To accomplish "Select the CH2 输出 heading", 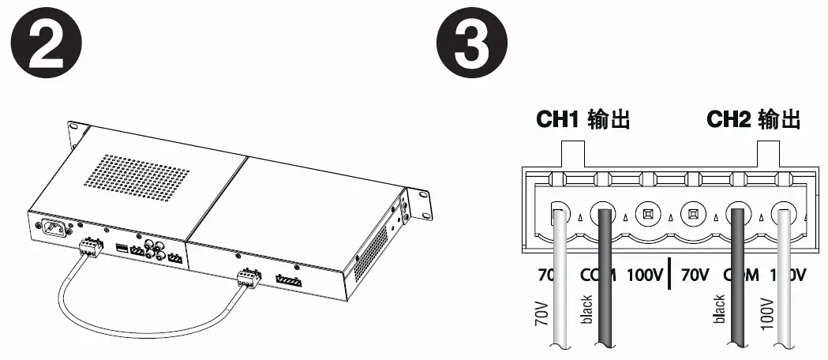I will pyautogui.click(x=753, y=120).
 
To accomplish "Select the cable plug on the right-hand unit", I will pyautogui.click(x=249, y=277).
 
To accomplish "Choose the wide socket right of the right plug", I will pyautogui.click(x=288, y=280).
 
